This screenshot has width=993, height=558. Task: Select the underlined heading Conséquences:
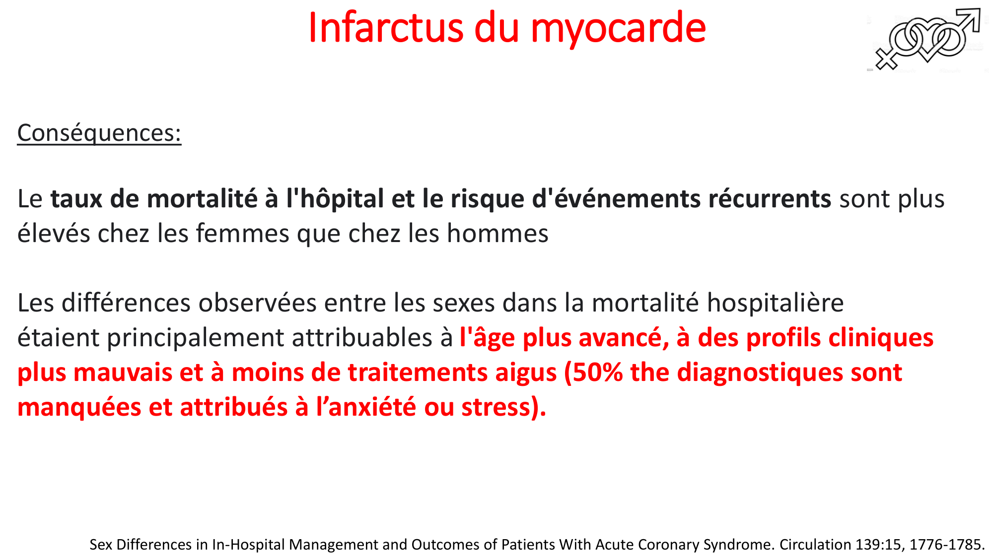point(99,133)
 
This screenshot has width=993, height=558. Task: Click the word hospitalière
point(775,303)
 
